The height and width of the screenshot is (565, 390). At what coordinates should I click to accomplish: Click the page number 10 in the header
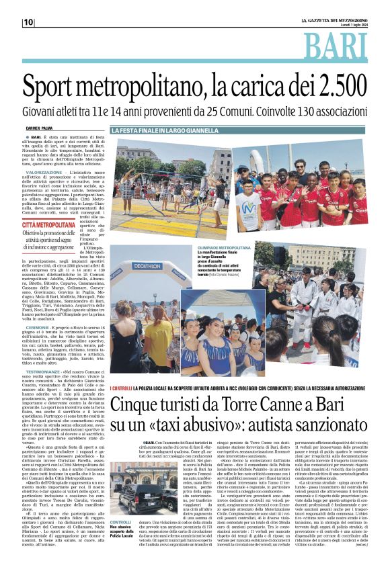tap(28, 22)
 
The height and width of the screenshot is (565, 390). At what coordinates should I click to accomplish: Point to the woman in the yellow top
tap(160, 333)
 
